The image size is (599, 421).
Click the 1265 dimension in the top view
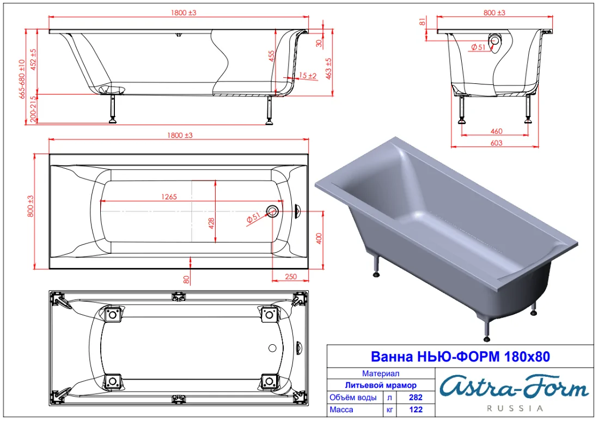pos(169,197)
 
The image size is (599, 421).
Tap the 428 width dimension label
pos(211,223)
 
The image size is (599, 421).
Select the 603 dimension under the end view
pos(496,143)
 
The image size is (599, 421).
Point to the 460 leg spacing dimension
pos(496,131)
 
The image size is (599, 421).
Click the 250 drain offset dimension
pos(291,277)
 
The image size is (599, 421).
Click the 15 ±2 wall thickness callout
pos(308,76)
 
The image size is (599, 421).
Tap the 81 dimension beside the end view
pos(423,22)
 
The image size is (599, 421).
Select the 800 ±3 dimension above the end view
pos(494,13)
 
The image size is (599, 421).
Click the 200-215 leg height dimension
pos(34,109)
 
